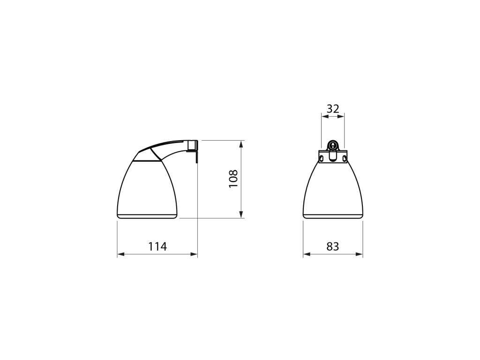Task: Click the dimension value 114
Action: pos(157,246)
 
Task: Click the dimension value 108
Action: pos(233,179)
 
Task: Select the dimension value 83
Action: pos(333,246)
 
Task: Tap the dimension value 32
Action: pos(333,109)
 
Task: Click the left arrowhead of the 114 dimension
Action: pos(120,254)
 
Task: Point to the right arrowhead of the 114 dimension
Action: pos(194,254)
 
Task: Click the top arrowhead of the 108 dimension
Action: pos(241,144)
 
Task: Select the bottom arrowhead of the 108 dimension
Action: pos(241,215)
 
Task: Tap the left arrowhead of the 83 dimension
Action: pos(307,254)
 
